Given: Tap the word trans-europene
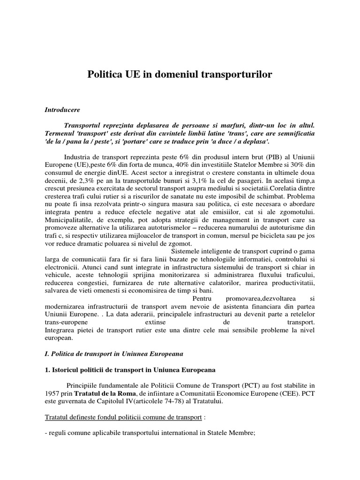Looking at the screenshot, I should point(67,323).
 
